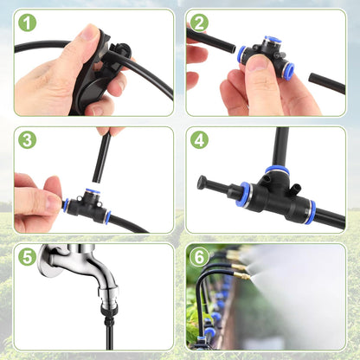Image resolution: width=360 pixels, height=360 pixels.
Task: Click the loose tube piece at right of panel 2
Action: coord(326,84)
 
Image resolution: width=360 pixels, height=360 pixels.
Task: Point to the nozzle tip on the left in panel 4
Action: coord(204,182)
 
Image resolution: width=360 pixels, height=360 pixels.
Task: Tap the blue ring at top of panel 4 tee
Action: coord(277,170)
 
